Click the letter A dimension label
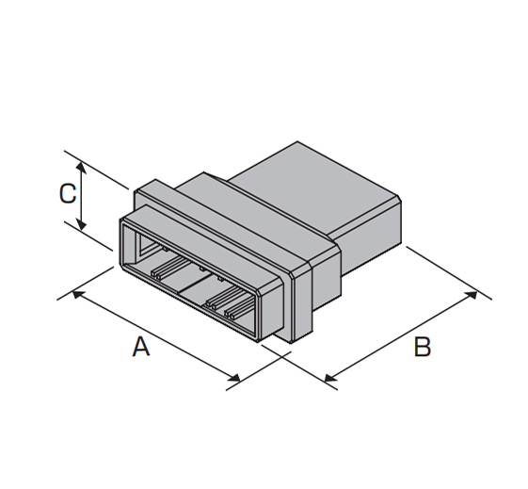tap(141, 347)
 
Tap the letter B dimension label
tap(423, 347)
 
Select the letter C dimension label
tap(68, 193)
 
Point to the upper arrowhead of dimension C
tap(81, 167)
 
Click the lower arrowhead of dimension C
tap(81, 224)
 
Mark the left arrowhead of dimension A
tap(78, 295)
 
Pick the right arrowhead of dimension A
tap(234, 378)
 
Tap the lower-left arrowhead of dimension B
tap(330, 378)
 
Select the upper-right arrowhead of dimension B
tap(472, 295)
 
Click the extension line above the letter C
tap(96, 170)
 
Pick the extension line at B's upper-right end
tap(449, 273)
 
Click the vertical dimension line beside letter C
tap(81, 196)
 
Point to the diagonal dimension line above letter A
tap(156, 336)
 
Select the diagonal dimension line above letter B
tap(401, 336)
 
